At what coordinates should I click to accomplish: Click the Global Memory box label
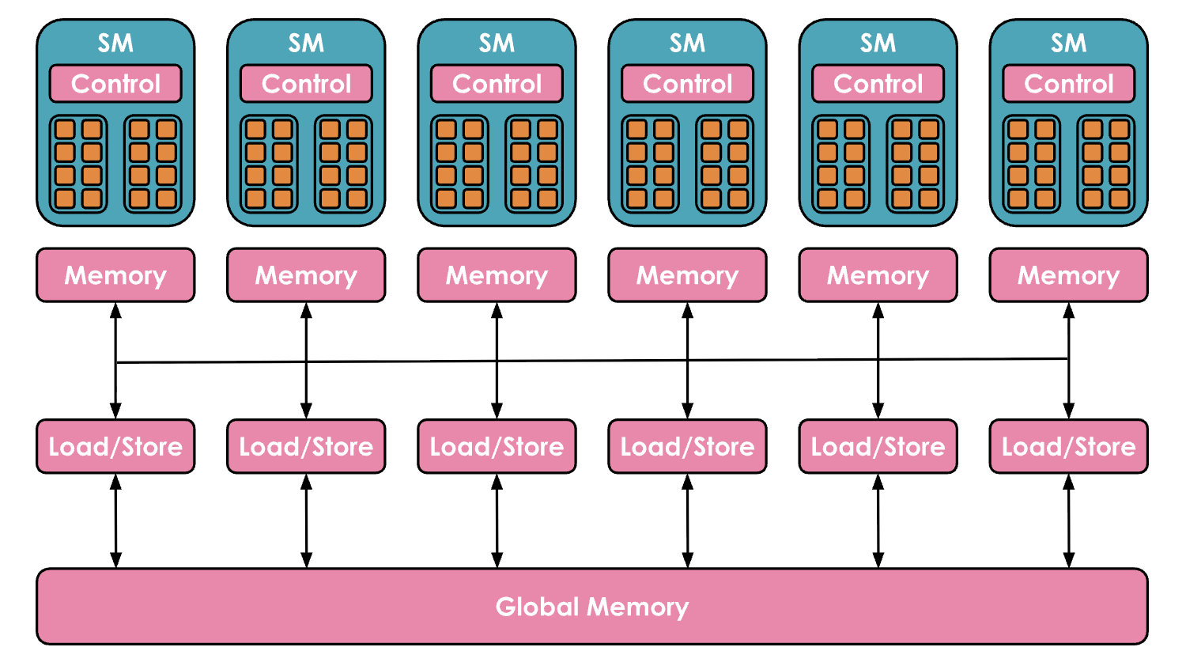[x=591, y=607]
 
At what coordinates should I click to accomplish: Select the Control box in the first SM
[x=115, y=84]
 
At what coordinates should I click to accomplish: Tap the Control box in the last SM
[x=1068, y=84]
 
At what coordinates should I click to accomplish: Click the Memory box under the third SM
[x=497, y=275]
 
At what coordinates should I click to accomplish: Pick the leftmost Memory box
[x=115, y=275]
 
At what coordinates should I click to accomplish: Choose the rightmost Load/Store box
[x=1068, y=447]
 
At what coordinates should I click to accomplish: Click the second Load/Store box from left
[x=306, y=447]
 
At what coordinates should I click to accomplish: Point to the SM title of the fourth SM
[x=687, y=43]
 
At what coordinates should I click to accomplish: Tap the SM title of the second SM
[x=306, y=43]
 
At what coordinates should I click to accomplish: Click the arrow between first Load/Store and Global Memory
[x=115, y=520]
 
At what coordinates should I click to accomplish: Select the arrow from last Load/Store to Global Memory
[x=1068, y=520]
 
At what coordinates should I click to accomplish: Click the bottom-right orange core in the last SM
[x=1119, y=199]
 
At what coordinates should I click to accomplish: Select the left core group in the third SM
[x=459, y=164]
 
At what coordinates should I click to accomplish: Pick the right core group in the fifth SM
[x=915, y=164]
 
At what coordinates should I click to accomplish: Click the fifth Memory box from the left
[x=878, y=275]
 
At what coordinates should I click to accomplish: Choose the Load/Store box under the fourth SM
[x=687, y=447]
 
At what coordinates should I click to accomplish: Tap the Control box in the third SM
[x=497, y=84]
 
